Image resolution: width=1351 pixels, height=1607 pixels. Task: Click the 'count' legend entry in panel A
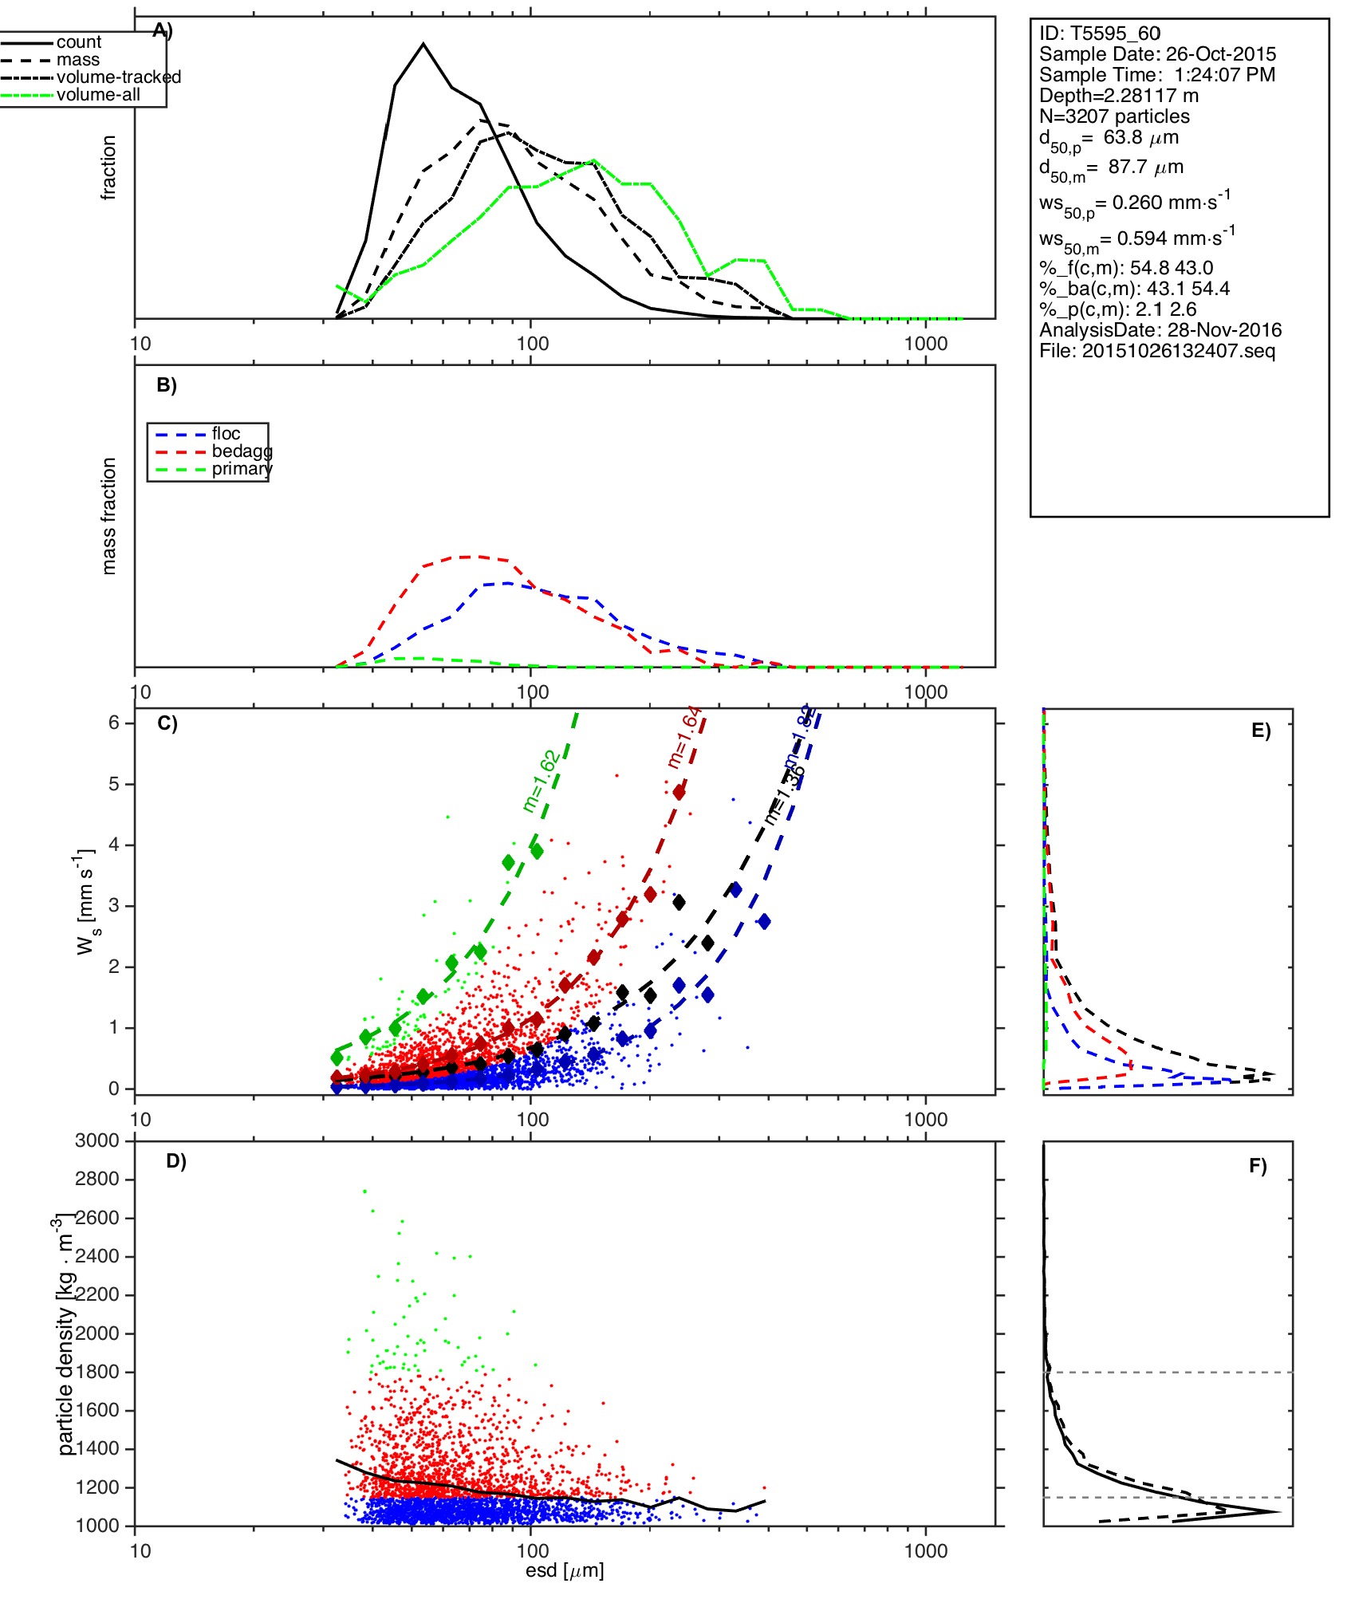[78, 42]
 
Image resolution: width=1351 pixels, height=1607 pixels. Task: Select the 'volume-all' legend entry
[97, 95]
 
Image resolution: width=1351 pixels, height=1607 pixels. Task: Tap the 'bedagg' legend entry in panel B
[241, 451]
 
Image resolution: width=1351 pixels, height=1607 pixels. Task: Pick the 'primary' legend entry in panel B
[241, 469]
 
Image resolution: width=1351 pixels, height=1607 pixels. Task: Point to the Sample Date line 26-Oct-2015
[1157, 54]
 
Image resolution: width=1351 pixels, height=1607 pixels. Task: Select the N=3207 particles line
[1114, 116]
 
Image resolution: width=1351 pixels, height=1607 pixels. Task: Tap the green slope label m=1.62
[540, 782]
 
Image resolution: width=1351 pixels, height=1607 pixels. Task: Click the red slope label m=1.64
[684, 738]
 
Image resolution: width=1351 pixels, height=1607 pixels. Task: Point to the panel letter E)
[1261, 731]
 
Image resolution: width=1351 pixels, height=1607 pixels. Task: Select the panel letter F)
[1258, 1167]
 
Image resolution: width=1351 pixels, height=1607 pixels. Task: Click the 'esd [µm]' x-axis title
[565, 1570]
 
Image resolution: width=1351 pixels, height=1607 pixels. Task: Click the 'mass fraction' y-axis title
[109, 516]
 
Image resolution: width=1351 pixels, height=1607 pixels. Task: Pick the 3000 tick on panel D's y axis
[96, 1140]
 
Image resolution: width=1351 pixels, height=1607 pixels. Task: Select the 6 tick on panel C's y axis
[114, 723]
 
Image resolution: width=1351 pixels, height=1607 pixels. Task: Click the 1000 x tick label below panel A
[926, 344]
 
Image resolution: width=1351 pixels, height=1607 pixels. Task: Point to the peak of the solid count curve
[423, 44]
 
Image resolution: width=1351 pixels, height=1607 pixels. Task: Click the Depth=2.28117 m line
[1118, 96]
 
